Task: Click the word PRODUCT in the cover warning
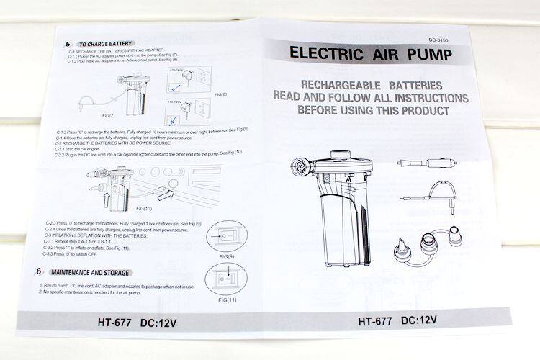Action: click(x=423, y=111)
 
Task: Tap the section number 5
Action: click(x=68, y=44)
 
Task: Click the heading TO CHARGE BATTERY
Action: click(x=105, y=44)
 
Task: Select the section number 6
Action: click(x=37, y=271)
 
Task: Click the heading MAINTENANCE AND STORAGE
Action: click(x=90, y=273)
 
